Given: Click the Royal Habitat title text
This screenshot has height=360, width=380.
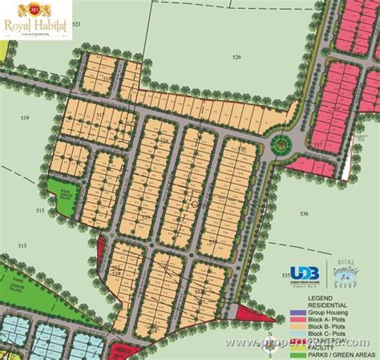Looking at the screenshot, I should (x=36, y=24).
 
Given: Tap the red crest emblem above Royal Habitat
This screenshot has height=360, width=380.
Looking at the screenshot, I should (x=36, y=9).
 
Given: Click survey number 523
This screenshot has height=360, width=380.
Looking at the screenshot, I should (x=77, y=26).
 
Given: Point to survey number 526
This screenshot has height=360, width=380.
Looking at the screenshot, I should (x=236, y=57).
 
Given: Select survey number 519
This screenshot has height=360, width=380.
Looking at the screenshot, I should (x=25, y=119).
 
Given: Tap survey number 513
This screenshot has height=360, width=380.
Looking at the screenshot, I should (x=22, y=245).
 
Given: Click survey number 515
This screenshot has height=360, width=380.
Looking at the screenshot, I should (x=39, y=210).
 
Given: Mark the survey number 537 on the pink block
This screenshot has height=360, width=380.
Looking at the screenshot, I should (x=319, y=145).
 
